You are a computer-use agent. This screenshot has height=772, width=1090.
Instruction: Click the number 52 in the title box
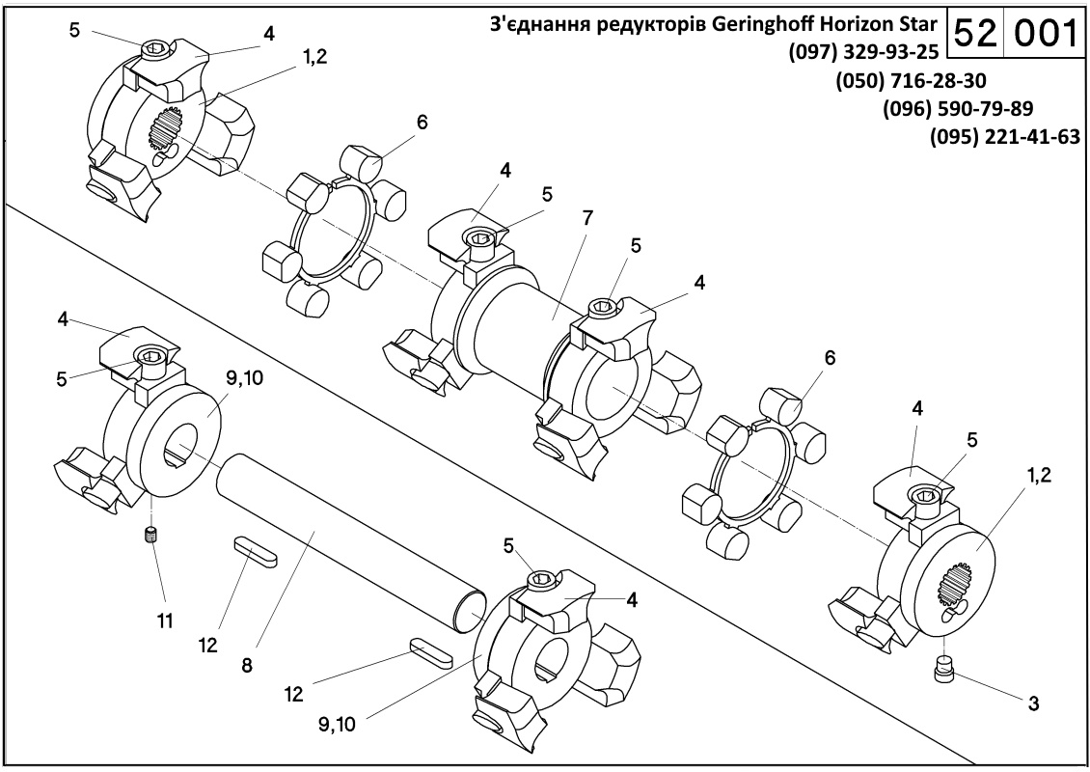[x=976, y=35]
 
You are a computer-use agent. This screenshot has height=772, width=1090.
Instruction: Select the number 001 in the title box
[x=1042, y=35]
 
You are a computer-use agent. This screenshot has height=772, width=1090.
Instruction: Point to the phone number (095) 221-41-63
[x=1004, y=137]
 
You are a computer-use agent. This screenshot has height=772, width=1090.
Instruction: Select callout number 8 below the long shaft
[x=247, y=665]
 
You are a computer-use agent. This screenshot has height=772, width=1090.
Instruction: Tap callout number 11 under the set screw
[x=165, y=620]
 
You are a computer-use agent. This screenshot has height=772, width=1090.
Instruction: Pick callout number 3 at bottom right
[x=1032, y=703]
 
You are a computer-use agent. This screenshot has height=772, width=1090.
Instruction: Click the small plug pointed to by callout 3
[x=943, y=668]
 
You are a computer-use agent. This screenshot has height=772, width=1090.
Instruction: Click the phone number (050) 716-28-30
[x=911, y=79]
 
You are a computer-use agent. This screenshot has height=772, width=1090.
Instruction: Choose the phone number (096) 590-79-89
[x=957, y=108]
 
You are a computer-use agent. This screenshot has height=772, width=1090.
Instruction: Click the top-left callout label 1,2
[x=313, y=56]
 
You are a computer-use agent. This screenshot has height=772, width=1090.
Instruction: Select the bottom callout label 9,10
[x=337, y=723]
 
